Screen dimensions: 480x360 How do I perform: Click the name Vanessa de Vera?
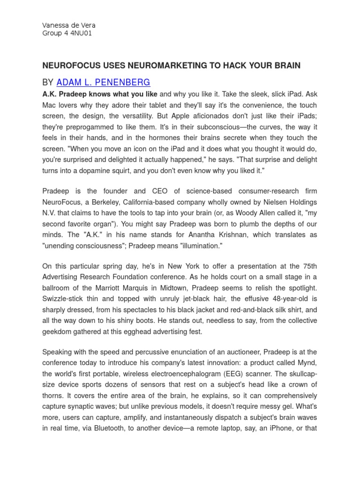(69, 25)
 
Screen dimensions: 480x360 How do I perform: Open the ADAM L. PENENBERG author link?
(103, 82)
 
